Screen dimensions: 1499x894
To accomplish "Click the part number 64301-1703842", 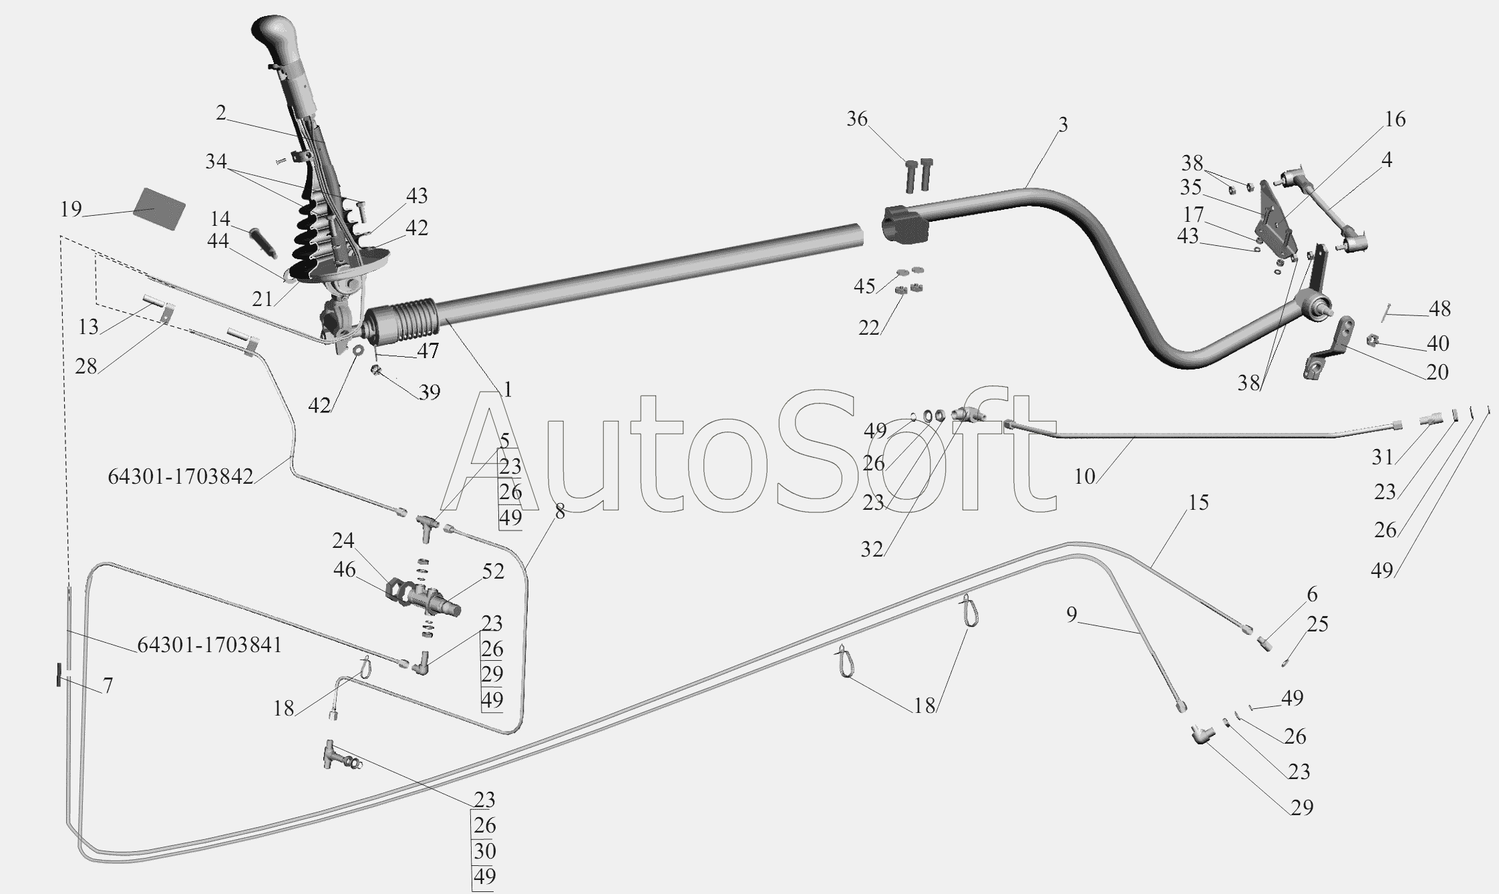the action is pyautogui.click(x=180, y=476).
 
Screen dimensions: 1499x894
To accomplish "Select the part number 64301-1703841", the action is pyautogui.click(x=209, y=645).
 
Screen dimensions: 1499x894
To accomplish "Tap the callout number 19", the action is pyautogui.click(x=71, y=209).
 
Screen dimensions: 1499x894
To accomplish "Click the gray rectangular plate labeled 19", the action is pyautogui.click(x=158, y=208).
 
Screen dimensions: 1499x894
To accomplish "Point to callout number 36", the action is pyautogui.click(x=857, y=119).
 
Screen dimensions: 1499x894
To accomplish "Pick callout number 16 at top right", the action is pyautogui.click(x=1395, y=119).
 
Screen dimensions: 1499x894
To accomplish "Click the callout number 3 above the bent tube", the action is pyautogui.click(x=1063, y=124).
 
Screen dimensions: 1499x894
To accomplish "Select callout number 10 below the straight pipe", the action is pyautogui.click(x=1085, y=476).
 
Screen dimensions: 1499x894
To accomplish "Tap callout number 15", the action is pyautogui.click(x=1198, y=502).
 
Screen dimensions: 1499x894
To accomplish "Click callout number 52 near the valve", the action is pyautogui.click(x=493, y=571).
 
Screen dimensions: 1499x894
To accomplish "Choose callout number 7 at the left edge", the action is pyautogui.click(x=108, y=686).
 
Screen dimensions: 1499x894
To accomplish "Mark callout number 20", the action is pyautogui.click(x=1437, y=371).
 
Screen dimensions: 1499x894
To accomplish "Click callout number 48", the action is pyautogui.click(x=1440, y=309).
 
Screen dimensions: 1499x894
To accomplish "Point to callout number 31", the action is pyautogui.click(x=1383, y=457).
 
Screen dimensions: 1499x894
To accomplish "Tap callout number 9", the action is pyautogui.click(x=1071, y=614).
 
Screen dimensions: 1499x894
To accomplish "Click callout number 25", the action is pyautogui.click(x=1317, y=624).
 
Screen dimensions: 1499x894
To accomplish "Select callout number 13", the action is pyautogui.click(x=88, y=327).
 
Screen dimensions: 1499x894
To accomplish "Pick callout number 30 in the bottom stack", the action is pyautogui.click(x=485, y=851).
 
